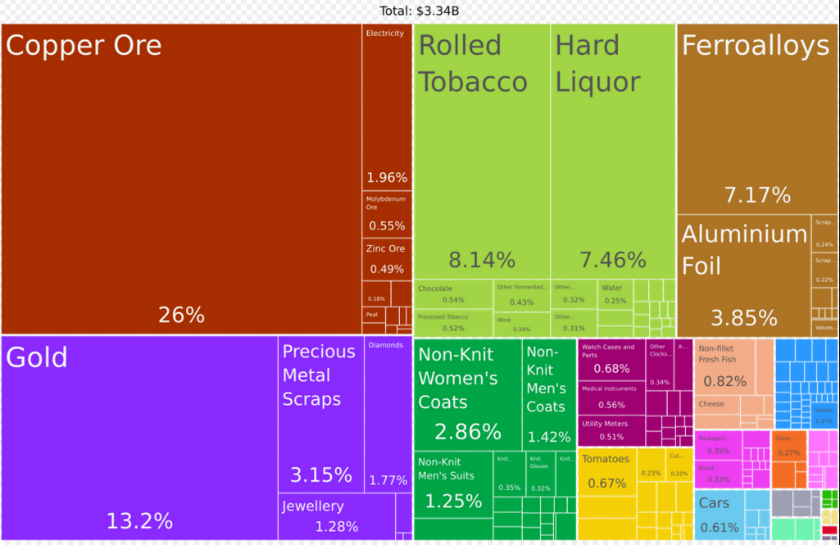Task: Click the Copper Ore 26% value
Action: pos(181,315)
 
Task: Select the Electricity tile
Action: pos(387,107)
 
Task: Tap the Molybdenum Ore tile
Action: pos(387,214)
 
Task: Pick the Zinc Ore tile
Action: pos(387,258)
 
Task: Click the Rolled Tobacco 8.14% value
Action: pos(482,260)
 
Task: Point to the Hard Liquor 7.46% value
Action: pos(613,260)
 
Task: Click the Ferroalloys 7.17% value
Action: pos(757,195)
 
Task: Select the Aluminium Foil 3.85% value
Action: pos(743,317)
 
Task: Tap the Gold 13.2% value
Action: pos(139,520)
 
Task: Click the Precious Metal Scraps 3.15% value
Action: pos(320,475)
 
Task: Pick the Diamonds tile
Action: pos(388,410)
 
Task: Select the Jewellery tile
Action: pos(336,516)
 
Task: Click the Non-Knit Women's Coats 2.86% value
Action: pos(467,431)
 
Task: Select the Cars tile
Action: pos(720,514)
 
